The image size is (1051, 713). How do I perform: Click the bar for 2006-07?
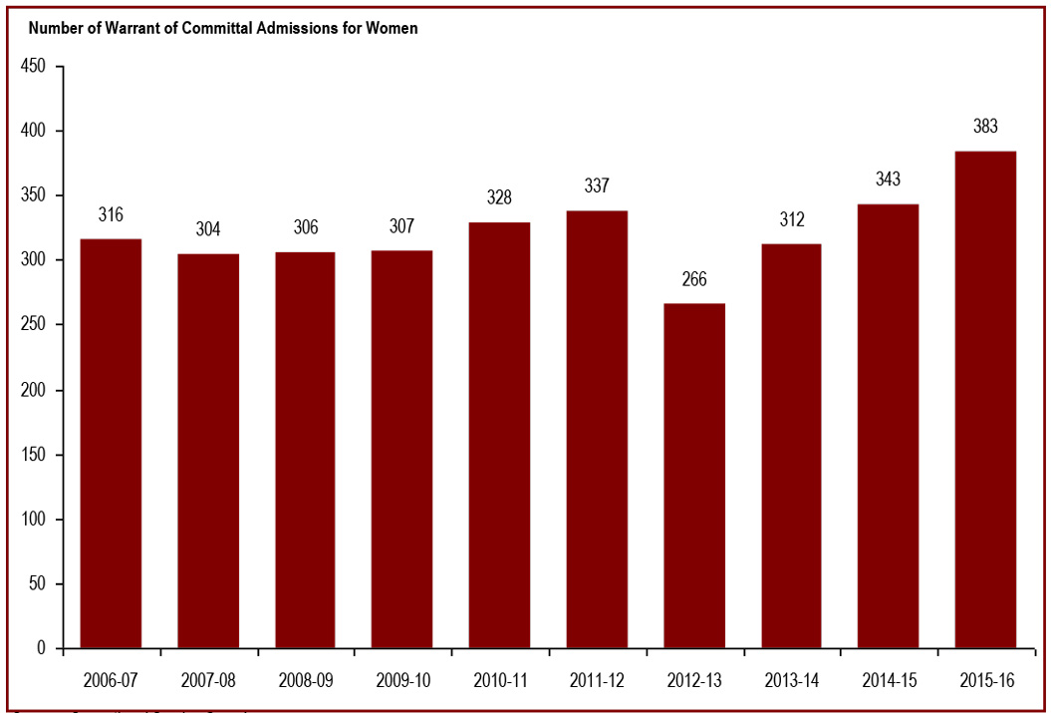click(x=111, y=444)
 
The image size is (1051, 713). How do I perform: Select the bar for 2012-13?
click(x=694, y=476)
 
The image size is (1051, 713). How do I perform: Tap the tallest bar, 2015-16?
click(x=985, y=400)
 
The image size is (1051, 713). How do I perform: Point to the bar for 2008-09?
click(x=305, y=450)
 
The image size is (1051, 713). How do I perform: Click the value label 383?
click(x=985, y=127)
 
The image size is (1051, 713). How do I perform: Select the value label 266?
click(x=694, y=279)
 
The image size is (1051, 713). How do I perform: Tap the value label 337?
click(x=597, y=186)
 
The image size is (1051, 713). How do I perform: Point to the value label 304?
click(x=208, y=228)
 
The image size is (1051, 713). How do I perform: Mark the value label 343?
click(x=889, y=179)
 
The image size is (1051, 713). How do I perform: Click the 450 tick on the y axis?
click(x=35, y=66)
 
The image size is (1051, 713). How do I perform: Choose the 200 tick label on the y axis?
click(x=35, y=390)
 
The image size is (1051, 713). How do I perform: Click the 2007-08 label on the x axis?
click(x=208, y=681)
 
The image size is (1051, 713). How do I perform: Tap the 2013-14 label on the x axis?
click(x=791, y=681)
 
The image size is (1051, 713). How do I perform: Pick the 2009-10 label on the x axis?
click(x=402, y=681)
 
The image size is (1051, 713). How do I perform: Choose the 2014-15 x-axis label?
click(x=889, y=681)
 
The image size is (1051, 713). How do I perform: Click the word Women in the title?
click(x=394, y=28)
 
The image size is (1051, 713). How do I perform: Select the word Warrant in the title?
click(x=115, y=28)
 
